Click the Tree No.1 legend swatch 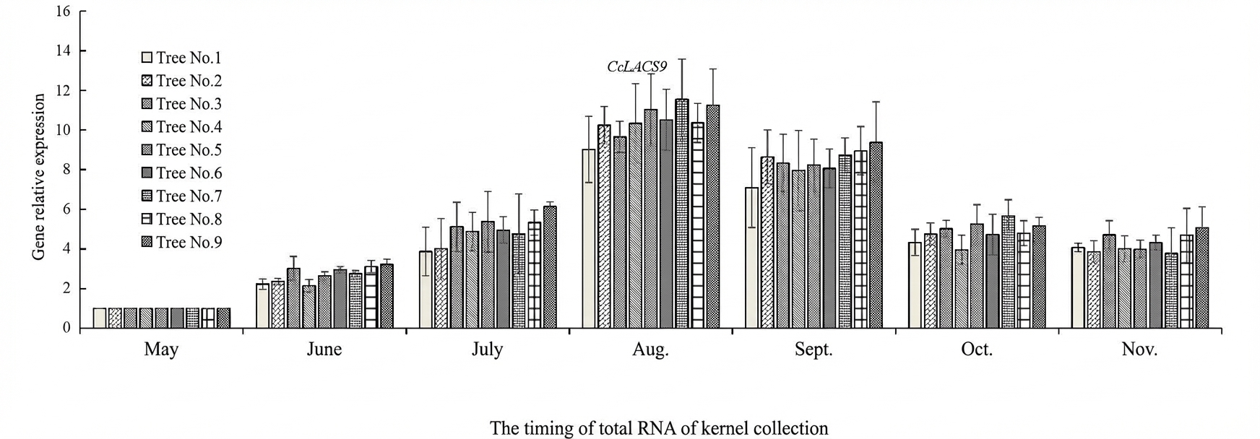click(x=147, y=58)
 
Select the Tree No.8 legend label click(x=189, y=219)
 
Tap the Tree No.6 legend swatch click(x=147, y=173)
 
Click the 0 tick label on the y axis click(x=66, y=329)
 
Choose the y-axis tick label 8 click(x=66, y=170)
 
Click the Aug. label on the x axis click(x=651, y=350)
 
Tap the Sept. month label click(x=814, y=350)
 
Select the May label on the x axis click(x=161, y=350)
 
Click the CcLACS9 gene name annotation click(x=637, y=67)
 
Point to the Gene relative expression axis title click(x=39, y=177)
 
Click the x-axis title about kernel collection click(x=659, y=428)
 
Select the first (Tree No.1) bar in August click(x=589, y=239)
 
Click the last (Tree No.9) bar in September click(x=876, y=235)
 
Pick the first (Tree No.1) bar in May click(x=100, y=318)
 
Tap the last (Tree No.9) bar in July click(x=550, y=267)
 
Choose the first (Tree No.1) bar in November click(x=1077, y=288)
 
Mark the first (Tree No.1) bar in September click(x=751, y=258)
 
